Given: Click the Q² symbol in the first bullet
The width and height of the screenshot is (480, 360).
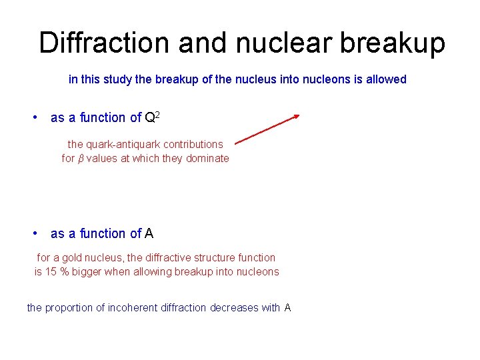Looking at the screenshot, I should point(152,117).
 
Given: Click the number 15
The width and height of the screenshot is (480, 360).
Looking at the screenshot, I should point(51,271).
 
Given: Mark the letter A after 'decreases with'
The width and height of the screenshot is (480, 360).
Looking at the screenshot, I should point(287,307).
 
